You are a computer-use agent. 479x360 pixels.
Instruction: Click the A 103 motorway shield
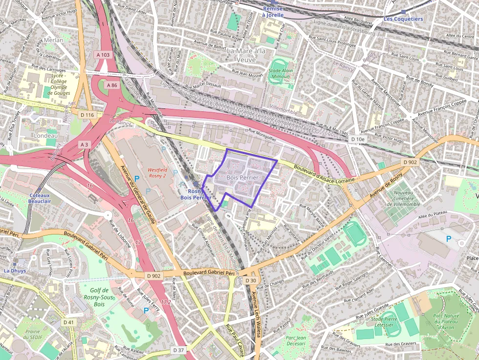coord(103,55)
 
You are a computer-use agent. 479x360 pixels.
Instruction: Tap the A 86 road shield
coord(111,85)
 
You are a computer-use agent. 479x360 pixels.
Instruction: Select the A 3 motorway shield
coord(85,145)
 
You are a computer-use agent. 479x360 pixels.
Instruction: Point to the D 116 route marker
coord(87,115)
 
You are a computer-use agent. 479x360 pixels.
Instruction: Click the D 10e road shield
coord(358,140)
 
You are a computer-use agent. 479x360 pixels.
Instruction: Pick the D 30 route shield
coord(251,280)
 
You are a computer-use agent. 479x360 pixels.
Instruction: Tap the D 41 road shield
coord(68,322)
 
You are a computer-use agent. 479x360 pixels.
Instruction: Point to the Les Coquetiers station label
coord(403,19)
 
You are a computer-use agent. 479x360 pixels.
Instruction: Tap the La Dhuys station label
coord(14,270)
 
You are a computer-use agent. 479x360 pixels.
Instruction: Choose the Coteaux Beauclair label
coord(40,198)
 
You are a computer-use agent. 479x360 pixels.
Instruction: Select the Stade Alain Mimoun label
coord(281,74)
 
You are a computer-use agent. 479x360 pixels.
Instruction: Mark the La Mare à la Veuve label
coord(247,55)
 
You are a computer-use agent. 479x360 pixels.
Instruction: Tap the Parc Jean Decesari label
coord(295,340)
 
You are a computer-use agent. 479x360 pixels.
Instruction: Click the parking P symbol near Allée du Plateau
coord(449,238)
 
